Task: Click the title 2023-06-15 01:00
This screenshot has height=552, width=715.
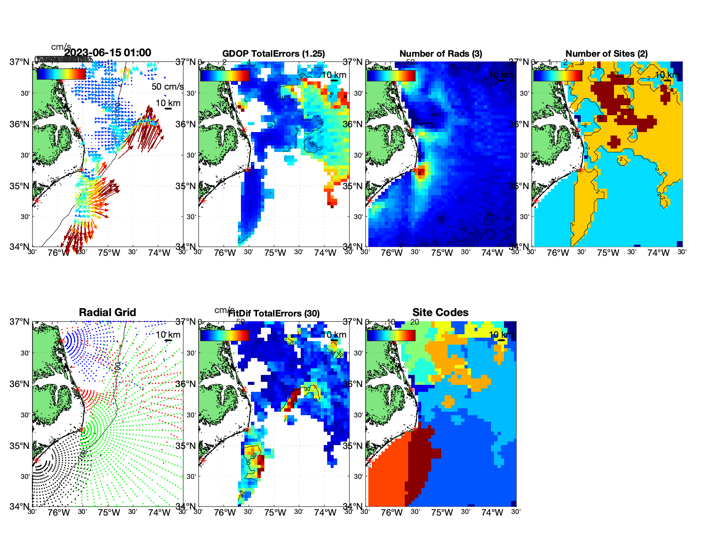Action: (x=107, y=53)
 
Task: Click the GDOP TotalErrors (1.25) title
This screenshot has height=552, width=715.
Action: (x=273, y=54)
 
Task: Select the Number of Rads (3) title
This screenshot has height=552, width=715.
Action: (x=441, y=54)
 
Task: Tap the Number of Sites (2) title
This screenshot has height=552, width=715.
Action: (x=606, y=54)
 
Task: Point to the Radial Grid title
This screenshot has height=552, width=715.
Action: (x=107, y=313)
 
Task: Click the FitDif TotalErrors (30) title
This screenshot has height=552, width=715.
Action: (x=274, y=313)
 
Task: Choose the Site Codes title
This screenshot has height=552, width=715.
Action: (x=440, y=313)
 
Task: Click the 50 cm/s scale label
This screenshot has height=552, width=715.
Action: (x=167, y=87)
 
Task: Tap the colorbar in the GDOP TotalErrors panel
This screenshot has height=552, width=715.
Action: (x=224, y=75)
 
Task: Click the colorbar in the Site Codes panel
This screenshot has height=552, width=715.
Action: (x=391, y=335)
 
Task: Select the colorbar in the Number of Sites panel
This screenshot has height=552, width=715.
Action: (x=558, y=75)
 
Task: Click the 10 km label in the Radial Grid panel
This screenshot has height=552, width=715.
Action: (x=168, y=335)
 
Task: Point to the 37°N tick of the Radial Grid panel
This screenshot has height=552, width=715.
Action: (x=19, y=322)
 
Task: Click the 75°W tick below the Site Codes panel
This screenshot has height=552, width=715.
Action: (x=442, y=513)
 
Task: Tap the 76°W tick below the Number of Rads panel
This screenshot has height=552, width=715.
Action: (x=392, y=253)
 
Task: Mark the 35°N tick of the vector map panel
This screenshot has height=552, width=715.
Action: (x=19, y=186)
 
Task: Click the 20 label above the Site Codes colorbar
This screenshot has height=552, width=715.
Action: (x=415, y=322)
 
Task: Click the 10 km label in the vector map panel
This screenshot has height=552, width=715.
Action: (x=168, y=103)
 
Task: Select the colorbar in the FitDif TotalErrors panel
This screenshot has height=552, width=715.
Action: (x=224, y=335)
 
